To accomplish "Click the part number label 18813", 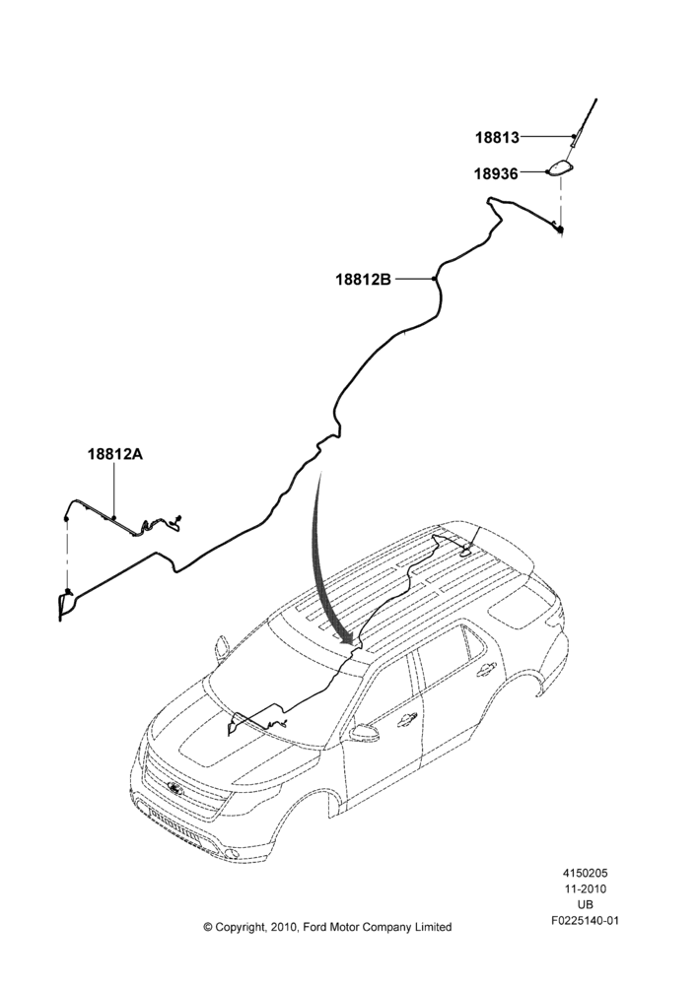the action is [x=497, y=137].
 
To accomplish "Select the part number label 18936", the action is [x=496, y=173].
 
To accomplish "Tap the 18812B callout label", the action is [x=363, y=279].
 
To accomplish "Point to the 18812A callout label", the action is [x=115, y=453].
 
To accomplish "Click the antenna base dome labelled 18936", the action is [x=560, y=168].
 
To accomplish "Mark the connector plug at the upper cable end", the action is [x=559, y=230].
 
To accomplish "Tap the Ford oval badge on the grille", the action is [x=174, y=787].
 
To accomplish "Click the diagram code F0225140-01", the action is [x=586, y=921].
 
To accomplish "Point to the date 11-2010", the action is [x=586, y=888].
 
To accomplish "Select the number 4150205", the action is [x=586, y=873].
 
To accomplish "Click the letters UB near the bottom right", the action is [x=586, y=905].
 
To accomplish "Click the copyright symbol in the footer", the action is [x=208, y=927].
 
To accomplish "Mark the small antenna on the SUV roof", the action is [x=468, y=546].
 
